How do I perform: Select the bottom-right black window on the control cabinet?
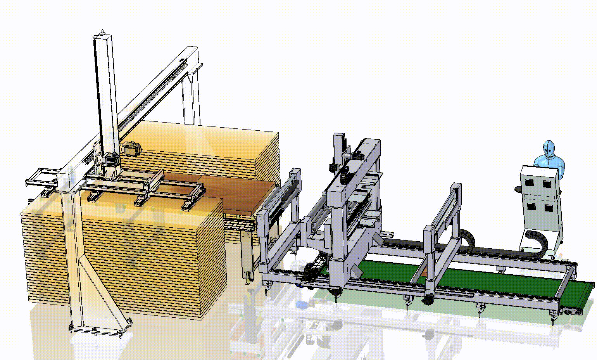[x=548, y=208]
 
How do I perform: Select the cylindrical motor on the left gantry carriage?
[x=131, y=148]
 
